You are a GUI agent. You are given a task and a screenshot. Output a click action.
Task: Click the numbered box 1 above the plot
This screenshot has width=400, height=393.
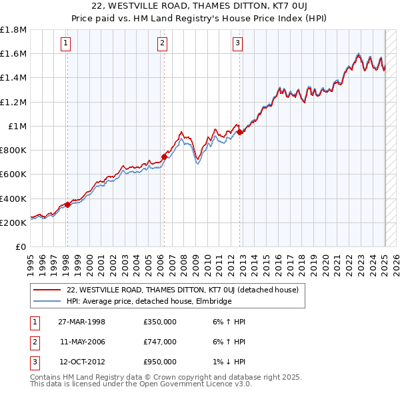pyautogui.click(x=67, y=44)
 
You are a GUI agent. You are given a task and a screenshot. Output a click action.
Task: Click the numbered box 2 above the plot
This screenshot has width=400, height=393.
pyautogui.click(x=163, y=44)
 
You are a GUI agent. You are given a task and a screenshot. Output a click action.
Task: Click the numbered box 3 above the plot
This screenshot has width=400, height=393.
pyautogui.click(x=238, y=44)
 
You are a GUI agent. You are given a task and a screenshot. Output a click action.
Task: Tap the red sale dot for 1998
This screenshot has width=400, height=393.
pyautogui.click(x=68, y=204)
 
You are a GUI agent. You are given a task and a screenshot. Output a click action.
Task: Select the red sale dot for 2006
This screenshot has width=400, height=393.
pyautogui.click(x=164, y=157)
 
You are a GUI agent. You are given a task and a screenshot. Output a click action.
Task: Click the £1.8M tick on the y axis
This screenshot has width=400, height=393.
pyautogui.click(x=13, y=30)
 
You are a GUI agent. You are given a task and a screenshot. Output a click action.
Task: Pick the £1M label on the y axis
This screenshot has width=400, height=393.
pyautogui.click(x=17, y=126)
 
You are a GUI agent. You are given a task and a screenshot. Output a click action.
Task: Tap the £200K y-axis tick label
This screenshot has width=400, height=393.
pyautogui.click(x=13, y=222)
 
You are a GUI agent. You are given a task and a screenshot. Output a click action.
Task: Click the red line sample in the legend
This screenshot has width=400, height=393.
pyautogui.click(x=47, y=290)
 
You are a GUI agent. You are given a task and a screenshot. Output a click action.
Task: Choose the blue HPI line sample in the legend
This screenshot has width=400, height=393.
pyautogui.click(x=47, y=301)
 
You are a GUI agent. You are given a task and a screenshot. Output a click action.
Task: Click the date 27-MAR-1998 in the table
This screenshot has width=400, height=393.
pyautogui.click(x=81, y=322)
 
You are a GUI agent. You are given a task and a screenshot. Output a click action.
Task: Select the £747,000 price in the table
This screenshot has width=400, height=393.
pyautogui.click(x=160, y=342)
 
